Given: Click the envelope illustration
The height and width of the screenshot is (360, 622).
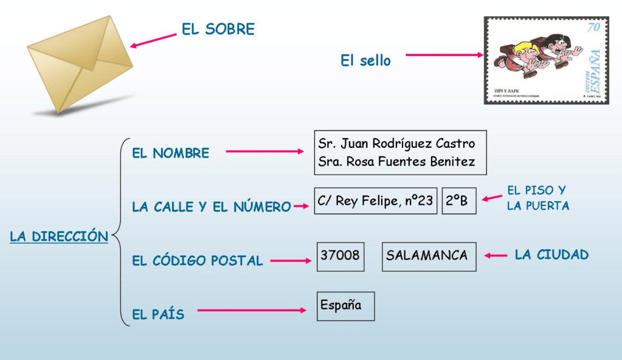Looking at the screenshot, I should coord(79,64).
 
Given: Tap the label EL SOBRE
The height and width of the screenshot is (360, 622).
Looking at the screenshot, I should coord(218,29).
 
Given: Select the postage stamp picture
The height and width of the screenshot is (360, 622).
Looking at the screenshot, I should coord(546,60).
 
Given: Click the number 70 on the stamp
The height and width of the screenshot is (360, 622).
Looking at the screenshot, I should coord(593,27).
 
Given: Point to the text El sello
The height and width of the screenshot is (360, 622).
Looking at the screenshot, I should coord(365,61).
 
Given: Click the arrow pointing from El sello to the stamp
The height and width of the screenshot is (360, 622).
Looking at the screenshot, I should coord(444,55).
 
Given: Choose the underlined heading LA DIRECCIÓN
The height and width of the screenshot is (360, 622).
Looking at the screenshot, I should coord(59,237).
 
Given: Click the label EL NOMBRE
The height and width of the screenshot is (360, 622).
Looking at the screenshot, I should coord(170,153).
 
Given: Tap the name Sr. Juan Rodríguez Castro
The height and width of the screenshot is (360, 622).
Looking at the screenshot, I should coord(396,144).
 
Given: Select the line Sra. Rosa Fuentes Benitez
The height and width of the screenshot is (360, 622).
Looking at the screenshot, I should coord(396,162).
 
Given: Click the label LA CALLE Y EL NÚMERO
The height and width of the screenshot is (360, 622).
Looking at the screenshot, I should coord(211,207).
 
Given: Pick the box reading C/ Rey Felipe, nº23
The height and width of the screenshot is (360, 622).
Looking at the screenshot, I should coord(376,201).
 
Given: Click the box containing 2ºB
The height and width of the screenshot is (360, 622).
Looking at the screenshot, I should coord(458,201).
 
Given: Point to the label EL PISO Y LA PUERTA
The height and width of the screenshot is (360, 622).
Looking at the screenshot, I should coord(537,198).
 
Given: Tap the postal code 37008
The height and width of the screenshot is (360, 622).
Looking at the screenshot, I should coord(340,255).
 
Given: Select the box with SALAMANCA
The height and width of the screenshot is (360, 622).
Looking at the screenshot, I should coord(429,255).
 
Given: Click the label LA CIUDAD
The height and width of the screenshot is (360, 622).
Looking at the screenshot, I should coord(551,255).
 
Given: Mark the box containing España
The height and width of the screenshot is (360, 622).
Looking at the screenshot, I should coord(345,305).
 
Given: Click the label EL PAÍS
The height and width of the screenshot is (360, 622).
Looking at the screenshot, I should coord(158,314).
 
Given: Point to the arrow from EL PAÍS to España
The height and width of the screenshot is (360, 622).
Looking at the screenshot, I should coord(251,311).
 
